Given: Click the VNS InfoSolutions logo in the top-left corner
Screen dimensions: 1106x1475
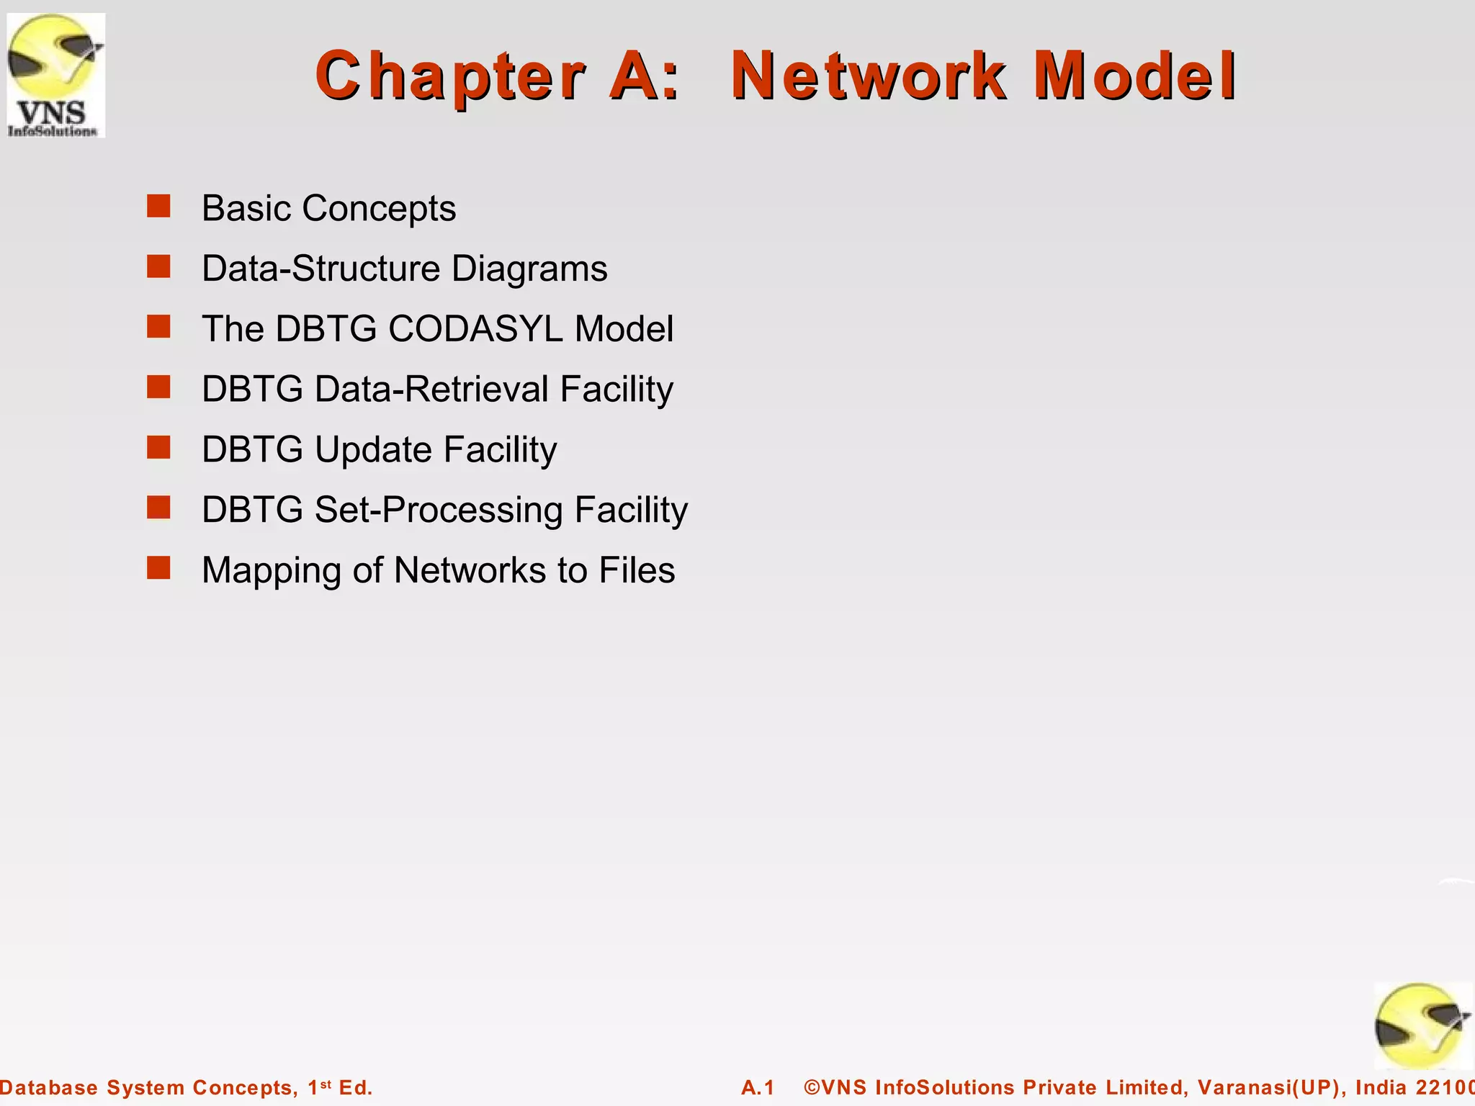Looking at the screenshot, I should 55,75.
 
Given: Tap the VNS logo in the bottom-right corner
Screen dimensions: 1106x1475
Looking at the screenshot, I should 1421,1025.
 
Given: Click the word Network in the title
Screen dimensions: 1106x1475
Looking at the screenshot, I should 869,76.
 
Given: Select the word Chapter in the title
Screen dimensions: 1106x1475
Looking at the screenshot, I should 450,76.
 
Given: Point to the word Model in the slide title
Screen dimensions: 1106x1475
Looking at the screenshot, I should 1135,76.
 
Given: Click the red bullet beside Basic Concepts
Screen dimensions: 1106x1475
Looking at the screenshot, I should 158,206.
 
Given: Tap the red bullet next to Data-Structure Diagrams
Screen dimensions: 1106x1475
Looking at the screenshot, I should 158,266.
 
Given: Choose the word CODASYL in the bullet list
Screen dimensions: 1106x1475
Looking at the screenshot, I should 475,329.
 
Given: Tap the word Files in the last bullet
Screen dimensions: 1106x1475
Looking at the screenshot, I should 637,570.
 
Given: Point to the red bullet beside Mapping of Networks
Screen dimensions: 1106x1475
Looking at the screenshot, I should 158,568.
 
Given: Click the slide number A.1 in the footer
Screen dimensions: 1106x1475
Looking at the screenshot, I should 758,1087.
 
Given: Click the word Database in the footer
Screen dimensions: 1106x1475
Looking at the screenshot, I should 49,1087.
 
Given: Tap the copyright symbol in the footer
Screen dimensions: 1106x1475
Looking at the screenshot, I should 812,1087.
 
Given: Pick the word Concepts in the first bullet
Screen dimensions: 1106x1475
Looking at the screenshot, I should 379,209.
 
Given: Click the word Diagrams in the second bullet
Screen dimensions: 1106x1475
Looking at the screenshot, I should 529,269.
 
